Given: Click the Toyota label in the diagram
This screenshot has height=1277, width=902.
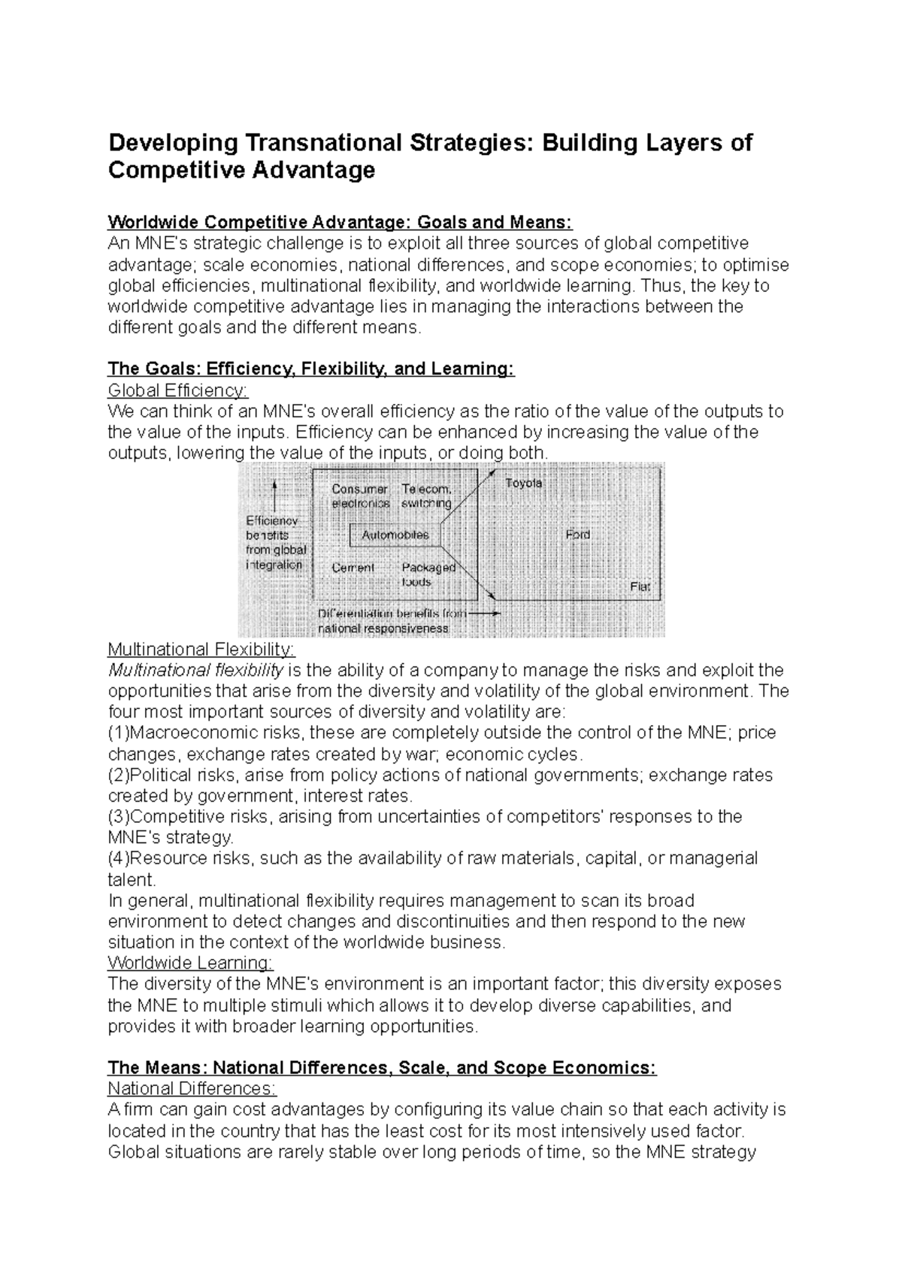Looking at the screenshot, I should coord(523,483).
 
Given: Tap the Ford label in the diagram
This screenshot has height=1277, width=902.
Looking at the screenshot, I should coord(578,535).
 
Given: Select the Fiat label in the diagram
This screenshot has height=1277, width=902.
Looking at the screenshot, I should coord(640,587).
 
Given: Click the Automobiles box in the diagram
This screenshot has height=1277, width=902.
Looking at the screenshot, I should coord(395,535).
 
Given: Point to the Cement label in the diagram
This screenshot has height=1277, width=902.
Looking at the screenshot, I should coord(353,568).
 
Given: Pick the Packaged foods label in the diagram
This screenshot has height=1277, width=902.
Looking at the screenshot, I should coord(428,575).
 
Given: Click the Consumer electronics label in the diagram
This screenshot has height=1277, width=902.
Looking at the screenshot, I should coord(360,496).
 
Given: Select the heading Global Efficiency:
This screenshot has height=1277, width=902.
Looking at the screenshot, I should coord(177,390).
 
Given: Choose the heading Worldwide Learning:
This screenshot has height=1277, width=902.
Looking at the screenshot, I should coord(191,963).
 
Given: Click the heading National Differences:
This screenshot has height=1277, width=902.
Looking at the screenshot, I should coord(192,1088).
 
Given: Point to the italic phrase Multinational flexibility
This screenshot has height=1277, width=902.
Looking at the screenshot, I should coord(195,670).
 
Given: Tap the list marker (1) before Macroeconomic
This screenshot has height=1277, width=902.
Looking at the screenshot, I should coord(119,733).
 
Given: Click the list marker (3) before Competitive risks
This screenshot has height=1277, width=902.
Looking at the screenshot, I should coord(119,817).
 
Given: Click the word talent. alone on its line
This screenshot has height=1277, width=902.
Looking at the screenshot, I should coord(132,879).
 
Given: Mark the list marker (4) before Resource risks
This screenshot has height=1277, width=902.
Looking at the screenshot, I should coord(119,858).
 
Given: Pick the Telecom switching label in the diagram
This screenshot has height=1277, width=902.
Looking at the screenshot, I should coord(426,496).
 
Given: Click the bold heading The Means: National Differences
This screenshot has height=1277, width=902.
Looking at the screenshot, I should coord(382,1068).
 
